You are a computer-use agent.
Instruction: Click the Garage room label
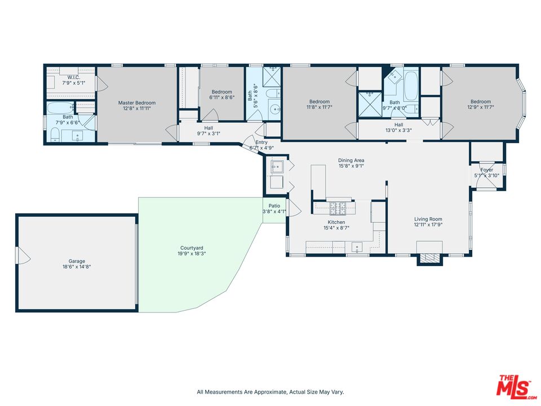click(77, 261)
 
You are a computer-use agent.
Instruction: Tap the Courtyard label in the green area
click(192, 248)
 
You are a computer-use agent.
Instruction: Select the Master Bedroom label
click(137, 103)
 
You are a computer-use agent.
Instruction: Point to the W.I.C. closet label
click(73, 78)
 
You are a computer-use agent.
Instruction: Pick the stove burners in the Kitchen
click(340, 208)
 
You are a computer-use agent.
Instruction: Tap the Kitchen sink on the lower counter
click(357, 246)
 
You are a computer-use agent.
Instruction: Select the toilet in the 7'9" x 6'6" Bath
click(55, 134)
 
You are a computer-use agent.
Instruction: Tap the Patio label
click(274, 206)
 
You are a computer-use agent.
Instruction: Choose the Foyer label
click(487, 170)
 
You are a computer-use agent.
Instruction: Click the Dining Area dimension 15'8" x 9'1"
click(351, 166)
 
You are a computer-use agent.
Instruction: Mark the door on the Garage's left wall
click(23, 257)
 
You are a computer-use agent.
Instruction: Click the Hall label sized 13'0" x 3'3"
click(399, 125)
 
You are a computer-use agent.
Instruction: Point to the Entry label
click(261, 143)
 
